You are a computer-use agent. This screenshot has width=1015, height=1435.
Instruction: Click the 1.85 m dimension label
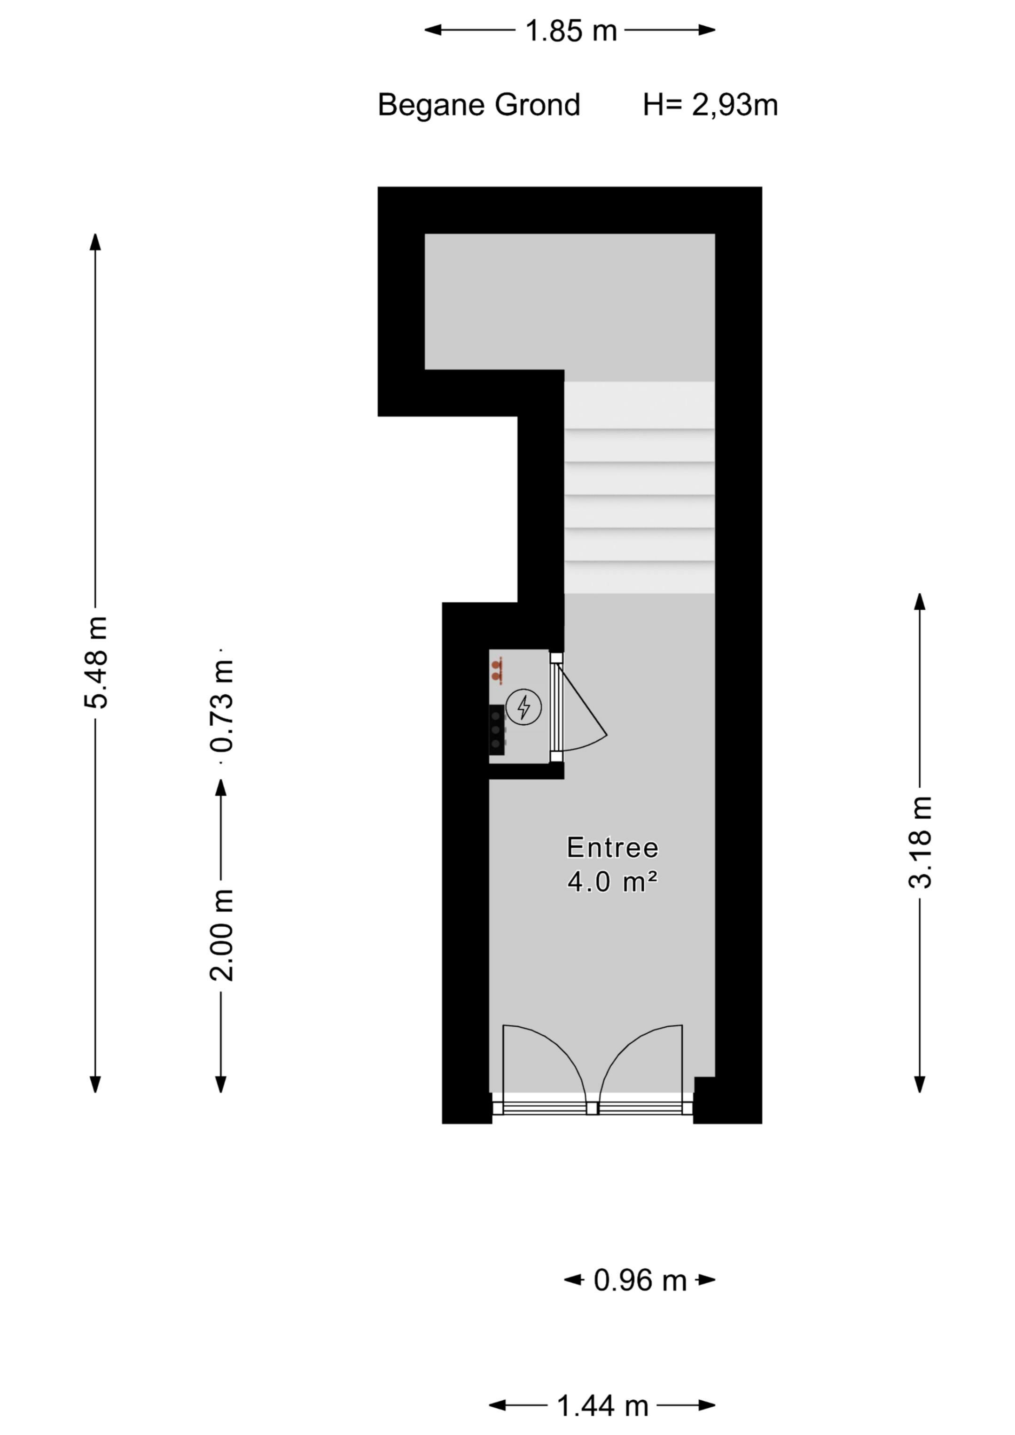(570, 31)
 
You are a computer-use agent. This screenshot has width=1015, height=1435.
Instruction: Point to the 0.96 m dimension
(639, 1280)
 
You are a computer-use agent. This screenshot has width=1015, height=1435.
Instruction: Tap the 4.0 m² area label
(612, 882)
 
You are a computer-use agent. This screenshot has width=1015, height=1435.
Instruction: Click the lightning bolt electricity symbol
(523, 707)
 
